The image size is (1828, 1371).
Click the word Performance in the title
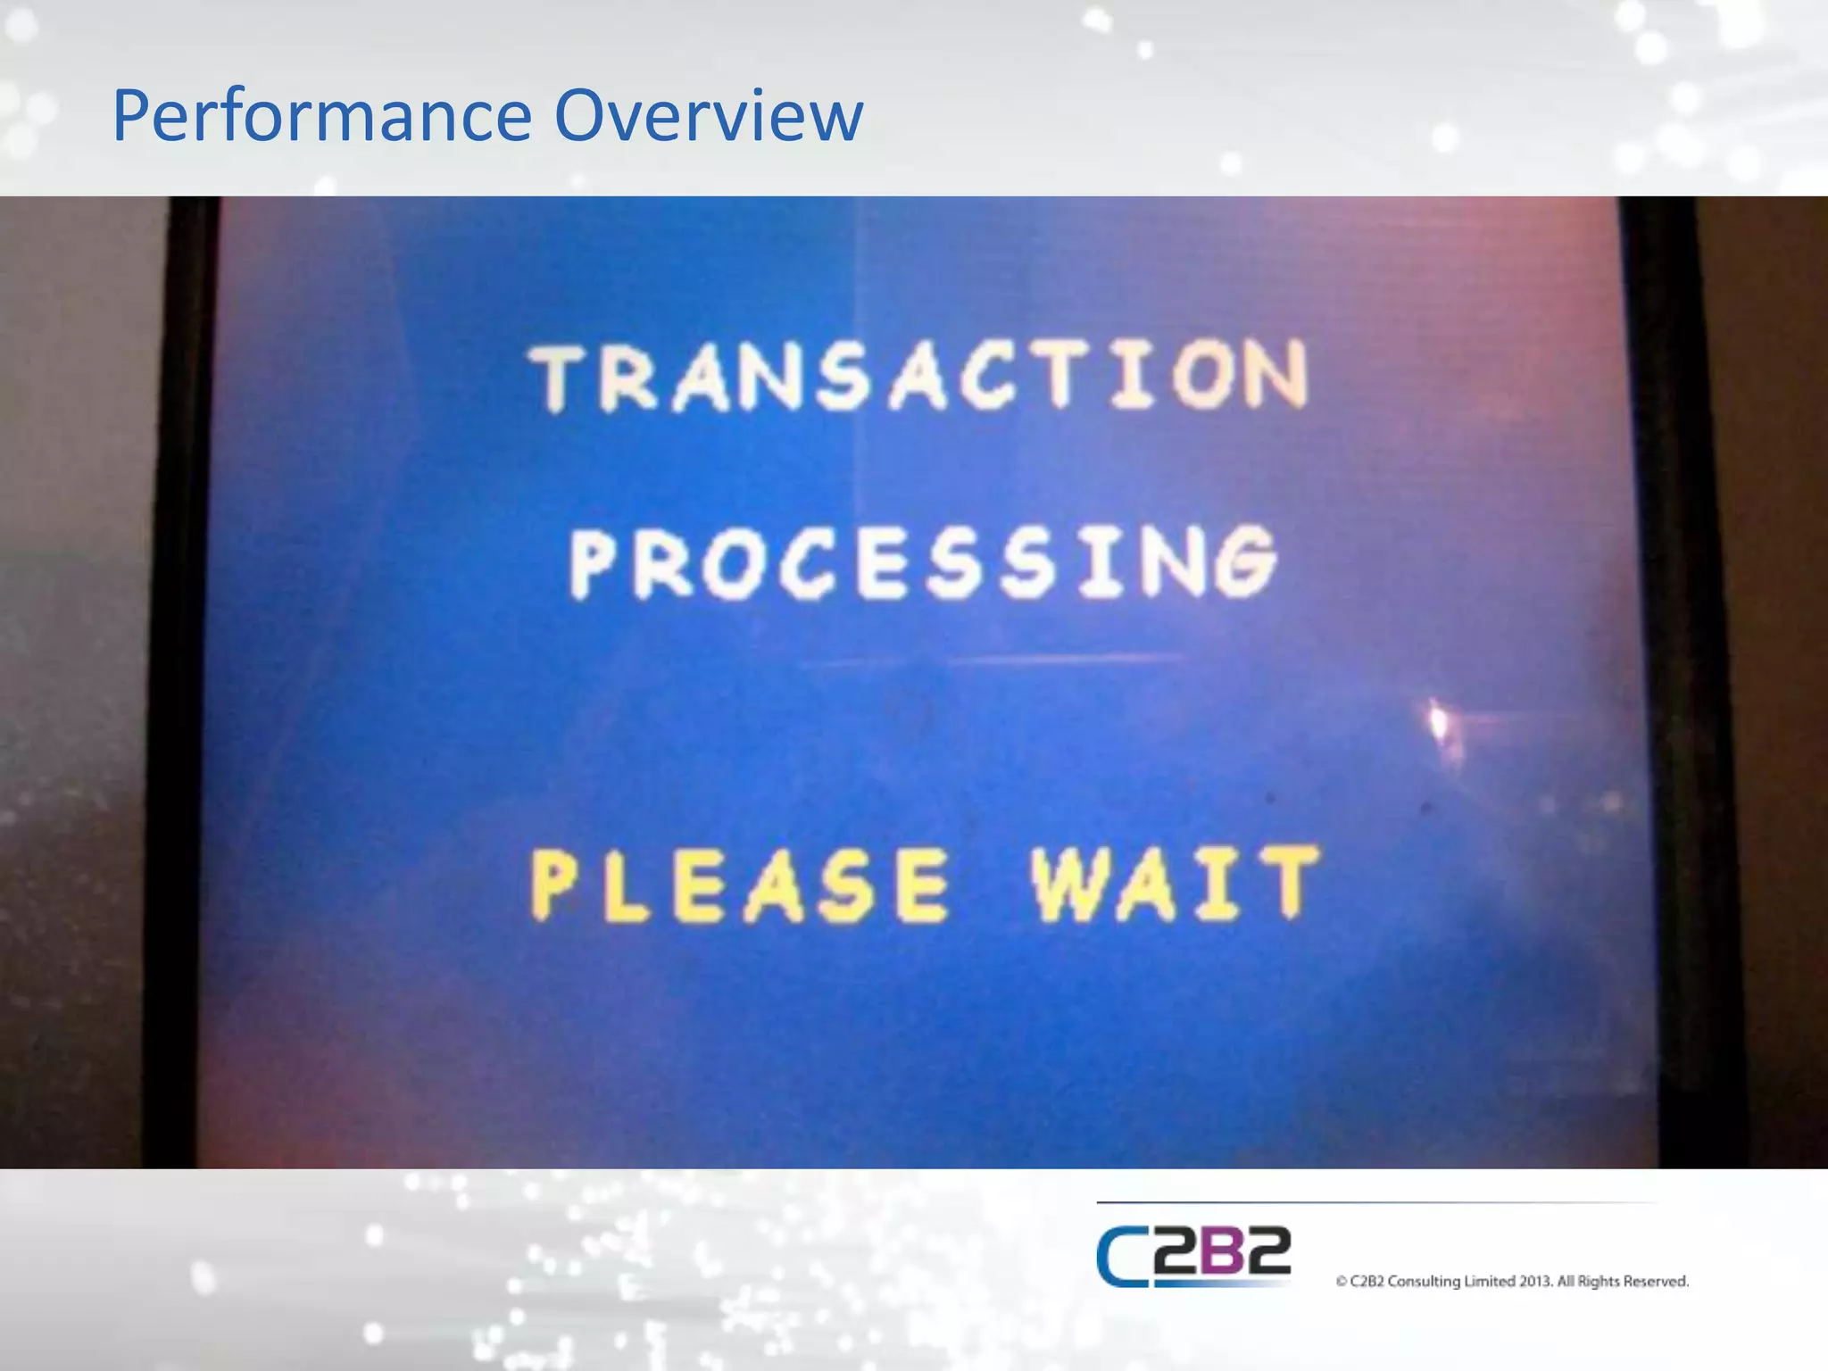point(321,116)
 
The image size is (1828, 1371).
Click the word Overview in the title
point(709,116)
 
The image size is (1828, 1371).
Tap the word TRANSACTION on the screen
point(919,377)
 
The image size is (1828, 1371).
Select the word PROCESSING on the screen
point(924,562)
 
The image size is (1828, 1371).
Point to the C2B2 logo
point(1193,1256)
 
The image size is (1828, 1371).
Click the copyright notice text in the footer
point(1512,1282)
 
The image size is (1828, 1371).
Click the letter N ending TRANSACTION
point(1276,375)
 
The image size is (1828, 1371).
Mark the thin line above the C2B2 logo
point(1375,1203)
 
